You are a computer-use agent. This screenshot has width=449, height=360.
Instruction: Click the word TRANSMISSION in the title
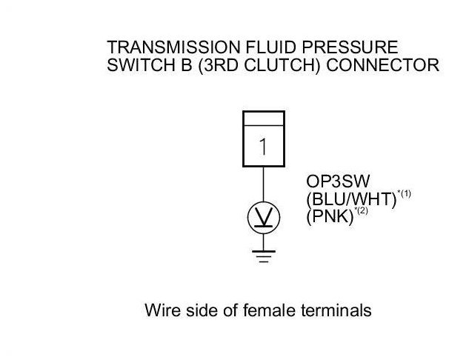pos(173,47)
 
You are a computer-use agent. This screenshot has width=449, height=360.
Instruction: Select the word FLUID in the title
pos(270,47)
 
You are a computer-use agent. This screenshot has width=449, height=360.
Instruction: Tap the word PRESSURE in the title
pos(350,47)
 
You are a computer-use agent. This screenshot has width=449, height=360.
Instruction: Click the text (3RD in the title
pos(218,65)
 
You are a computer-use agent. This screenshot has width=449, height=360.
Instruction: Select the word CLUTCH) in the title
pos(282,65)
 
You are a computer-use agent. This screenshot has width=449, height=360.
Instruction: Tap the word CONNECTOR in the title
pos(382,65)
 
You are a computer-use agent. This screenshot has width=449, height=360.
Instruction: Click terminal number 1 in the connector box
pos(263,147)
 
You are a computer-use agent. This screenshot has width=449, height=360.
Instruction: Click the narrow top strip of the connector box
pos(264,119)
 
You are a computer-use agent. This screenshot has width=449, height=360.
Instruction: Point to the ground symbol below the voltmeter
pos(264,256)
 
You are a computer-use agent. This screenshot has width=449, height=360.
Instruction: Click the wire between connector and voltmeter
pos(264,184)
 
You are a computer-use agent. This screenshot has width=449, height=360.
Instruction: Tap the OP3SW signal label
pos(338,181)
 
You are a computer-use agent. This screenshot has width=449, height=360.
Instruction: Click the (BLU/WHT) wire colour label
pos(351,199)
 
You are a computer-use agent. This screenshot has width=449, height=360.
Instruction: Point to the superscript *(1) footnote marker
pos(404,194)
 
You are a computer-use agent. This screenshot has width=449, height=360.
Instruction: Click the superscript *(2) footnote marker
pos(361,211)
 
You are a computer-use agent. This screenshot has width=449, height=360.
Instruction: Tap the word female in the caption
pos(269,310)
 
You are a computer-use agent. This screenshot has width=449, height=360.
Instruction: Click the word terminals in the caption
pos(336,310)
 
